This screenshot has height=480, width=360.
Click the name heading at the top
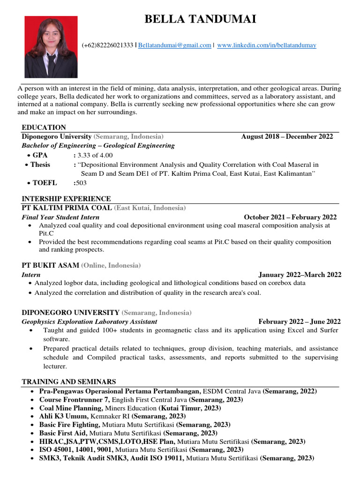pos(200,19)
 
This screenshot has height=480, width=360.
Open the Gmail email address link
pos(175,45)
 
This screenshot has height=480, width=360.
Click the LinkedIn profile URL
pos(267,45)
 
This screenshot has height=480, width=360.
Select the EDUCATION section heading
pos(44,127)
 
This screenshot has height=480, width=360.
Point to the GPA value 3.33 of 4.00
pos(95,155)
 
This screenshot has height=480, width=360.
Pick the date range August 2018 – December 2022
pos(287,136)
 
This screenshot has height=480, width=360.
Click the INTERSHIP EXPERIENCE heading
pos(66,199)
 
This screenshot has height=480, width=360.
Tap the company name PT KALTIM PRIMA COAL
pos(67,208)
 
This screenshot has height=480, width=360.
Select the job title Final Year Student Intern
pos(60,217)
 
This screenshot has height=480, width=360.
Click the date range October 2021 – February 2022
pos(290,217)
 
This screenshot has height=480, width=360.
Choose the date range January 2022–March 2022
pos(300,275)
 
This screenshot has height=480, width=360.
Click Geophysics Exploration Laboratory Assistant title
pos(90,322)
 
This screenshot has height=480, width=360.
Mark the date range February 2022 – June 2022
pos(300,322)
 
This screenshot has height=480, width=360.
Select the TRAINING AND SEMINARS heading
pos(69,382)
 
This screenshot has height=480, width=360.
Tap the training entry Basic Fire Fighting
pos(69,424)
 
